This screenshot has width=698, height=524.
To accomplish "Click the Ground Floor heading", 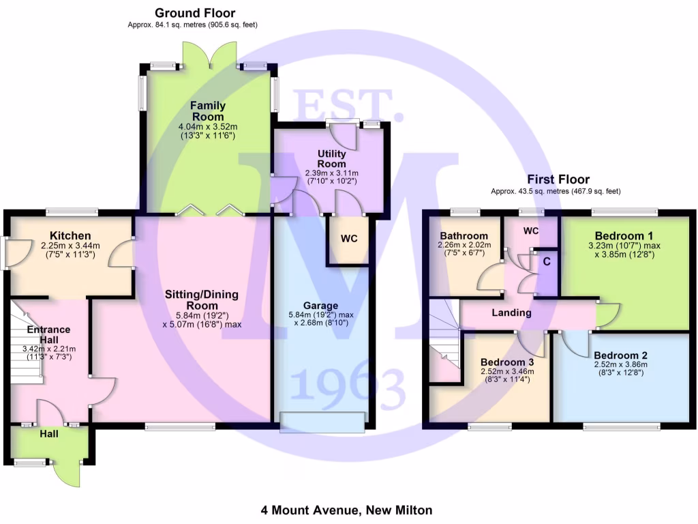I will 195,13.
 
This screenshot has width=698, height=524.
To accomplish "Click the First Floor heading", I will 557,180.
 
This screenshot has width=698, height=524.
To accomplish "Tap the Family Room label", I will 207,112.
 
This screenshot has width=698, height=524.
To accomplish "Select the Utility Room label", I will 332,159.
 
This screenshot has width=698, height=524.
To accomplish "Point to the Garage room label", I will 320,305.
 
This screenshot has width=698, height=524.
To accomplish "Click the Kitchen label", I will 70,236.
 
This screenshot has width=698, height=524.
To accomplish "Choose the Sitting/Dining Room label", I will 202,300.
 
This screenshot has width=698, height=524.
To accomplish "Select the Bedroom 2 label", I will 620,355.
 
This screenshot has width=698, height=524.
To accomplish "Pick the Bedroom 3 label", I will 507,362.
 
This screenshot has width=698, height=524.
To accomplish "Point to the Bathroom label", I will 464,236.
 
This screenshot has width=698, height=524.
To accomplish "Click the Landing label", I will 512,312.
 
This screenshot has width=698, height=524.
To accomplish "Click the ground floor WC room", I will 349,239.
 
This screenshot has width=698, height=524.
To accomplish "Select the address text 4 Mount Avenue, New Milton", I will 346,510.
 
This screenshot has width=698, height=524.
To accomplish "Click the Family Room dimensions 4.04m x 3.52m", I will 207,127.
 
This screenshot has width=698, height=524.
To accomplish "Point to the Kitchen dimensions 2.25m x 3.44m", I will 70,246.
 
